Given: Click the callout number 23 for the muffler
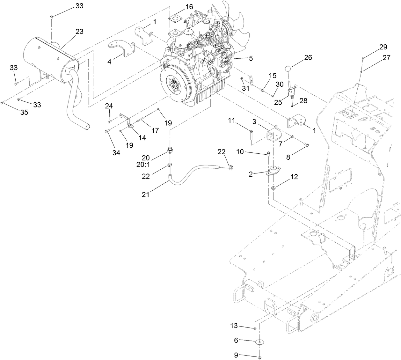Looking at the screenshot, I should pyautogui.click(x=79, y=32).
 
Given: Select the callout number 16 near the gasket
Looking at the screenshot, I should pyautogui.click(x=189, y=7).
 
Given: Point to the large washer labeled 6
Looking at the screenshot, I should pyautogui.click(x=261, y=342).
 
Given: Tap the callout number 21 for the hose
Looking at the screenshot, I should pyautogui.click(x=145, y=195).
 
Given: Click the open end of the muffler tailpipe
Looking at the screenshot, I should pyautogui.click(x=86, y=127).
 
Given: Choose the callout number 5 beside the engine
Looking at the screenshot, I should pyautogui.click(x=251, y=58).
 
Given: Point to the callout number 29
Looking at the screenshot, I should pyautogui.click(x=383, y=47).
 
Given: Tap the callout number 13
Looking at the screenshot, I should pyautogui.click(x=234, y=326).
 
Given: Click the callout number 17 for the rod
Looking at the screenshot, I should pyautogui.click(x=155, y=130).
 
